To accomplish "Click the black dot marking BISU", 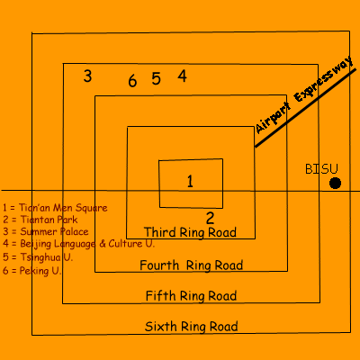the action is point(335,183).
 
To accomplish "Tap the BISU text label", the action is point(321,169).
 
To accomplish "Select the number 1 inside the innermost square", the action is point(190,181).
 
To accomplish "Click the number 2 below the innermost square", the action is point(210,218).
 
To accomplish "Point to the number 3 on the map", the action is point(87,76).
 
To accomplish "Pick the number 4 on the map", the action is point(183,76).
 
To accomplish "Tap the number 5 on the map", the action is point(156,79).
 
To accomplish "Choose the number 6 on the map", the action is point(132,81).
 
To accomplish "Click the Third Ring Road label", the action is point(190,232).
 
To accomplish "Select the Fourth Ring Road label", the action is point(192,265).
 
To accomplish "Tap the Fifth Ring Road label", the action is point(191,296).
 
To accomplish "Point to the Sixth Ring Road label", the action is point(192,327).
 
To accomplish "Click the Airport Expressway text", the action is point(303,94).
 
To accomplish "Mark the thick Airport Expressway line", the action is point(305,108).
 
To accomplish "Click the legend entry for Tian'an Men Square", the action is point(55,208).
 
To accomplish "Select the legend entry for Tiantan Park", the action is point(40,220).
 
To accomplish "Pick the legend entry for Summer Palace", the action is point(46,231).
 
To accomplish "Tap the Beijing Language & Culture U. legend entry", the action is point(78,244).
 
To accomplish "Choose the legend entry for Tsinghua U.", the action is point(38,257).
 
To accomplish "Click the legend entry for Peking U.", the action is point(32,271).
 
